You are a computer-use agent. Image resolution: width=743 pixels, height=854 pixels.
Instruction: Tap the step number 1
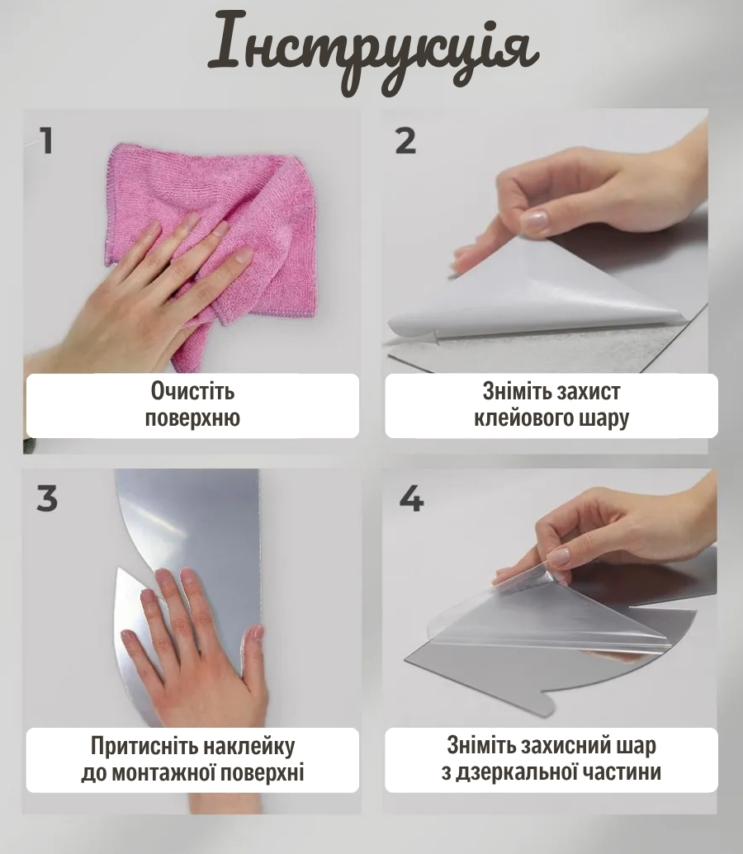click(45, 140)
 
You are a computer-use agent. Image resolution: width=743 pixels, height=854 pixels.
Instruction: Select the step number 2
click(405, 141)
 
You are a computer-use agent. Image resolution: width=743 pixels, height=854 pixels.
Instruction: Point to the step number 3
click(47, 498)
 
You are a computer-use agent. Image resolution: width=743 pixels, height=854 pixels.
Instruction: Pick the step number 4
click(412, 498)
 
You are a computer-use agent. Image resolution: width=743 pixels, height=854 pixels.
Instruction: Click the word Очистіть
click(192, 392)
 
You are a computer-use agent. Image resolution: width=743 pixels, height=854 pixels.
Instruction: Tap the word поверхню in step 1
click(192, 418)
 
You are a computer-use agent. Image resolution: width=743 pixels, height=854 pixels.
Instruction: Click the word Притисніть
click(144, 746)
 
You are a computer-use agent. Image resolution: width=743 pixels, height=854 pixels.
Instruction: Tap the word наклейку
click(249, 746)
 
